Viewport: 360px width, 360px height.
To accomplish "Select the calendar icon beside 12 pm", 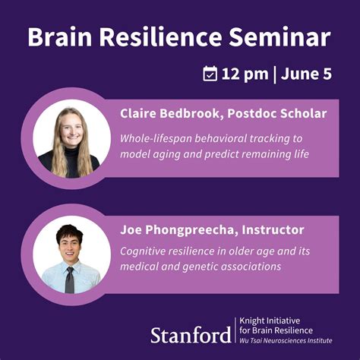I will [210, 74].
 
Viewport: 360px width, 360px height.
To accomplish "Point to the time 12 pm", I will [247, 74].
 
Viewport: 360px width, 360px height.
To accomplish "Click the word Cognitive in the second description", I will [147, 251].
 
